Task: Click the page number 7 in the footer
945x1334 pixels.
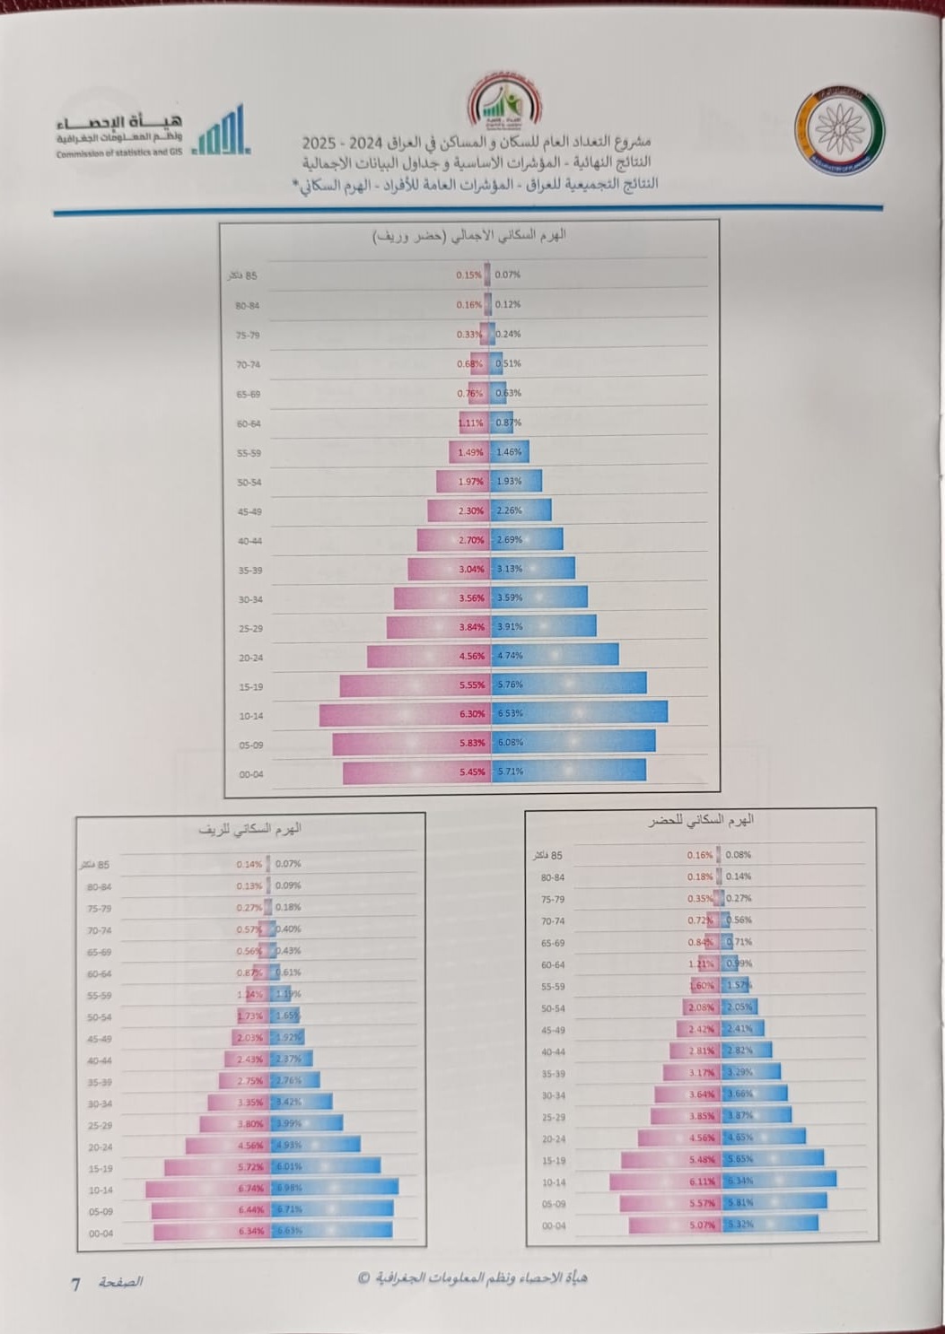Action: tap(76, 1284)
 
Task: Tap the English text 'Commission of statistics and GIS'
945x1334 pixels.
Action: tap(118, 153)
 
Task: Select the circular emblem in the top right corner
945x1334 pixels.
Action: tap(838, 126)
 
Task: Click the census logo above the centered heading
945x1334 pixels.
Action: tap(503, 101)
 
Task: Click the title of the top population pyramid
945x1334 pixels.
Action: tap(469, 235)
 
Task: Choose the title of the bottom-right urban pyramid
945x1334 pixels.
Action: tap(700, 820)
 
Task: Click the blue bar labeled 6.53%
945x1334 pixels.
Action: tap(592, 713)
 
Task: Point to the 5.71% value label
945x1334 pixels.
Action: tap(510, 771)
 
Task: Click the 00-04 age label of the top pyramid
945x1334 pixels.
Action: tap(251, 774)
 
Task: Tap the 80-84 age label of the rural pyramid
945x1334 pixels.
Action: tap(99, 886)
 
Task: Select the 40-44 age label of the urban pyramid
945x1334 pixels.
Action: tap(553, 1052)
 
